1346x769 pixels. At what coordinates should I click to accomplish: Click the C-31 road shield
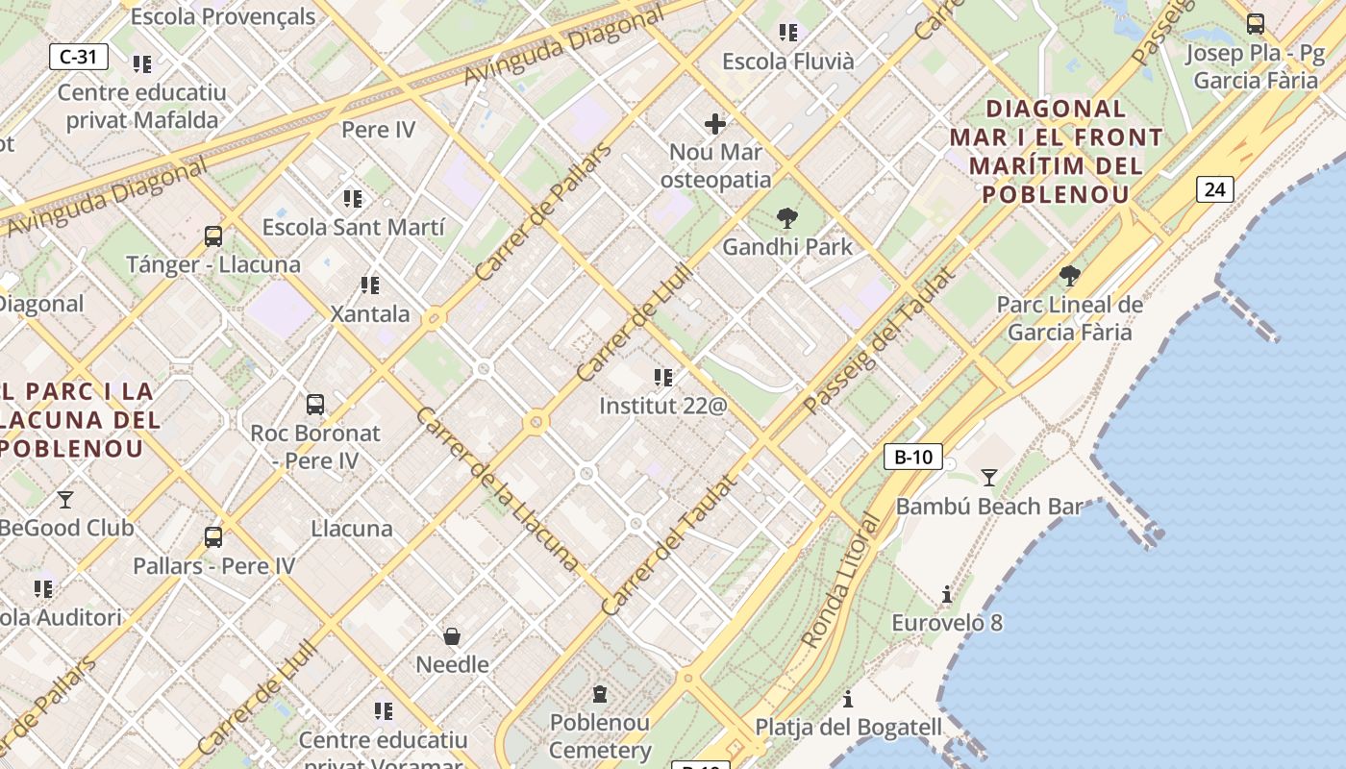click(79, 57)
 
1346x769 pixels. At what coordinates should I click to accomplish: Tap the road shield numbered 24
click(1214, 189)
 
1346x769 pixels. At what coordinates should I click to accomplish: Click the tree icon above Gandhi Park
click(787, 218)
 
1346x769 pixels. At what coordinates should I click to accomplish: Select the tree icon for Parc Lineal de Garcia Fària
click(1069, 277)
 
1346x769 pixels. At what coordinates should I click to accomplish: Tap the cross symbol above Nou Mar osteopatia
click(715, 123)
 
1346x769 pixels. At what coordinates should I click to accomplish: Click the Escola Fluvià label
click(787, 62)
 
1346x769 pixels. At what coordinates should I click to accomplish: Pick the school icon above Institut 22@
click(662, 377)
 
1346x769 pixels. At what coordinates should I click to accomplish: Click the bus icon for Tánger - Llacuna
click(213, 236)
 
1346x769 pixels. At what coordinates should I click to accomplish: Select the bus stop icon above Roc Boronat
click(314, 405)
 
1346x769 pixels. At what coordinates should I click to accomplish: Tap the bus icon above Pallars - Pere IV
click(213, 537)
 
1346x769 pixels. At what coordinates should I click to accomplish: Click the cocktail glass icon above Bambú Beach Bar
click(988, 477)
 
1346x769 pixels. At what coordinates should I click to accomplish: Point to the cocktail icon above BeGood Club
click(65, 499)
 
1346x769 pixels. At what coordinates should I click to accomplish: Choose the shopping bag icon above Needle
click(452, 636)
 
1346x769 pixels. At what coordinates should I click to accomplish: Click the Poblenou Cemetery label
click(600, 735)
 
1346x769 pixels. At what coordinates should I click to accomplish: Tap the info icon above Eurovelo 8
click(947, 595)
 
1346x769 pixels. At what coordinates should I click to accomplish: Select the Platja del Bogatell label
click(849, 727)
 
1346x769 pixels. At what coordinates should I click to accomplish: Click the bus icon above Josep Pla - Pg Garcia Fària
click(1255, 24)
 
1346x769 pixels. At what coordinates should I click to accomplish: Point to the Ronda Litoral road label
click(841, 582)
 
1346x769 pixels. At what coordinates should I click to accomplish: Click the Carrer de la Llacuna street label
click(497, 488)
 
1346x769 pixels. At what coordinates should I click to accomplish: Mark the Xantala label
click(370, 313)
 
